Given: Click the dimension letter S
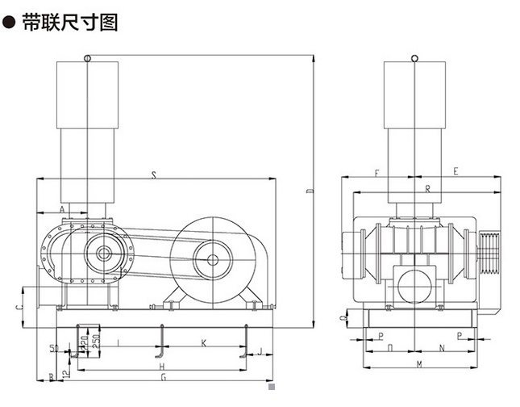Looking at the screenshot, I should click(153, 174).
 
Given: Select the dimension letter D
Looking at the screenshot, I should click(310, 191).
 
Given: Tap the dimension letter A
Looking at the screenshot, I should click(63, 208).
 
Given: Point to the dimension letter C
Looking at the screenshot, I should click(19, 307).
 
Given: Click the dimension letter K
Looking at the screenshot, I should click(203, 343).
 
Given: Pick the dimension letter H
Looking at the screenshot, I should click(162, 367).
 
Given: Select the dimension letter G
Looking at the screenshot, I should click(162, 378).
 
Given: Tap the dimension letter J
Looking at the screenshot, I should click(260, 351).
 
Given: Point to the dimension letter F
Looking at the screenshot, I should click(376, 172).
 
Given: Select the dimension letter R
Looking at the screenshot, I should click(427, 188).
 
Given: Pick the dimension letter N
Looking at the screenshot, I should click(442, 349).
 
